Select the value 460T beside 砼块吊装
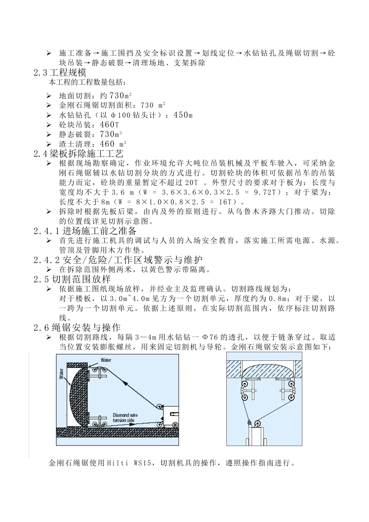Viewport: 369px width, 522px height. tap(109, 125)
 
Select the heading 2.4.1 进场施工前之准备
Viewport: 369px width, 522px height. tap(85, 231)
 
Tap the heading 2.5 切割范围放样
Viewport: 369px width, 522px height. tap(72, 279)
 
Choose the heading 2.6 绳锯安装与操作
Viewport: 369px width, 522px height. tap(77, 327)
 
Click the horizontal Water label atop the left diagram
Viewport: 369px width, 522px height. tap(106, 360)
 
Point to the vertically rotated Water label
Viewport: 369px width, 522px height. tap(61, 374)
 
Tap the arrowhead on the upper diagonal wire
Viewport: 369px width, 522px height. tap(125, 383)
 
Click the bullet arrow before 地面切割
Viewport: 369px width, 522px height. tap(49, 96)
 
